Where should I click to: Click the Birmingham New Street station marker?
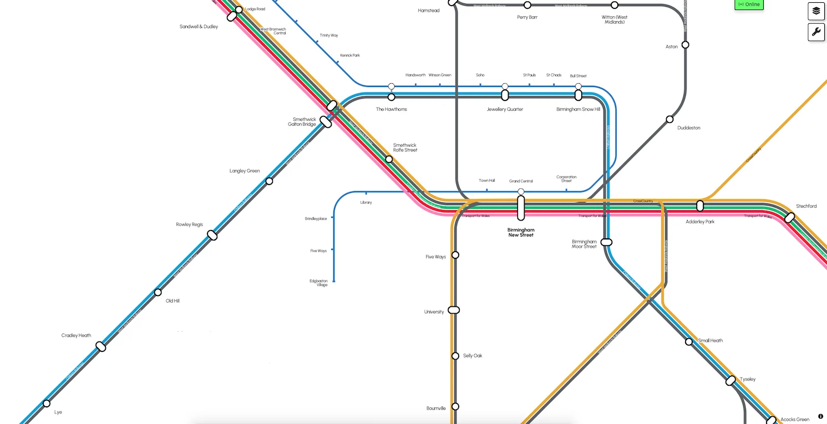[x=521, y=207]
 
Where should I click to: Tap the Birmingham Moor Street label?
[x=584, y=244]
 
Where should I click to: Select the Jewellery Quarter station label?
[x=505, y=109]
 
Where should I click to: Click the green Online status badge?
[x=749, y=4]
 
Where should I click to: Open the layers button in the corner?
[x=816, y=11]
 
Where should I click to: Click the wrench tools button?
[x=816, y=32]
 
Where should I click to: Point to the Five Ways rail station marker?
[x=455, y=255]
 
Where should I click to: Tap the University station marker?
[x=454, y=310]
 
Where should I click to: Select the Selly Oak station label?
[x=473, y=356]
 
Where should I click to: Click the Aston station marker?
[x=686, y=45]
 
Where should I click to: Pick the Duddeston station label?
[x=688, y=128]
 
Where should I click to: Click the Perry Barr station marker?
[x=527, y=5]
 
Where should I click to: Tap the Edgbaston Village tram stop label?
[x=318, y=283]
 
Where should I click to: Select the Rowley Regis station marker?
[x=212, y=236]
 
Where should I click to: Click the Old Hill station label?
[x=172, y=301]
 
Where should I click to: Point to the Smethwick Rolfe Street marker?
[x=389, y=159]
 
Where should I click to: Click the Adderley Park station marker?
[x=700, y=206]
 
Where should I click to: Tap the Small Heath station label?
[x=710, y=341]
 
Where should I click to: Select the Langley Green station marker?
[x=269, y=181]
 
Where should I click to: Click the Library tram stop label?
[x=366, y=203]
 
